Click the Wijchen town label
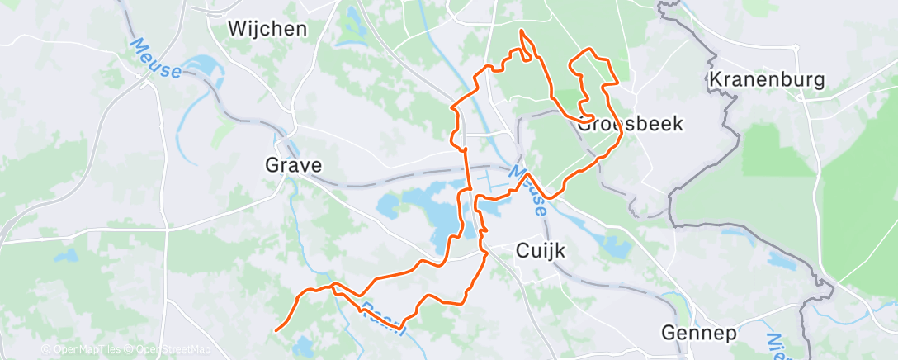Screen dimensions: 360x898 (267, 30)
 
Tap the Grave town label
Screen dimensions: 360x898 (293, 165)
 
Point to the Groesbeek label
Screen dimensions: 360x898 (631, 124)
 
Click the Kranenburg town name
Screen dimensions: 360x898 (767, 81)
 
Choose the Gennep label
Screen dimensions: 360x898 (699, 334)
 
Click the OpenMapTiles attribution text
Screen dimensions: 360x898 (82, 350)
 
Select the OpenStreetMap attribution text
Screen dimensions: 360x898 (164, 350)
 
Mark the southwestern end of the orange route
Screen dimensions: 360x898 (276, 330)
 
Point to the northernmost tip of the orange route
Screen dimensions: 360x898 (521, 31)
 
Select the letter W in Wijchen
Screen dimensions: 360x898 (237, 30)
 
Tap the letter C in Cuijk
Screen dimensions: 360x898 (522, 251)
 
